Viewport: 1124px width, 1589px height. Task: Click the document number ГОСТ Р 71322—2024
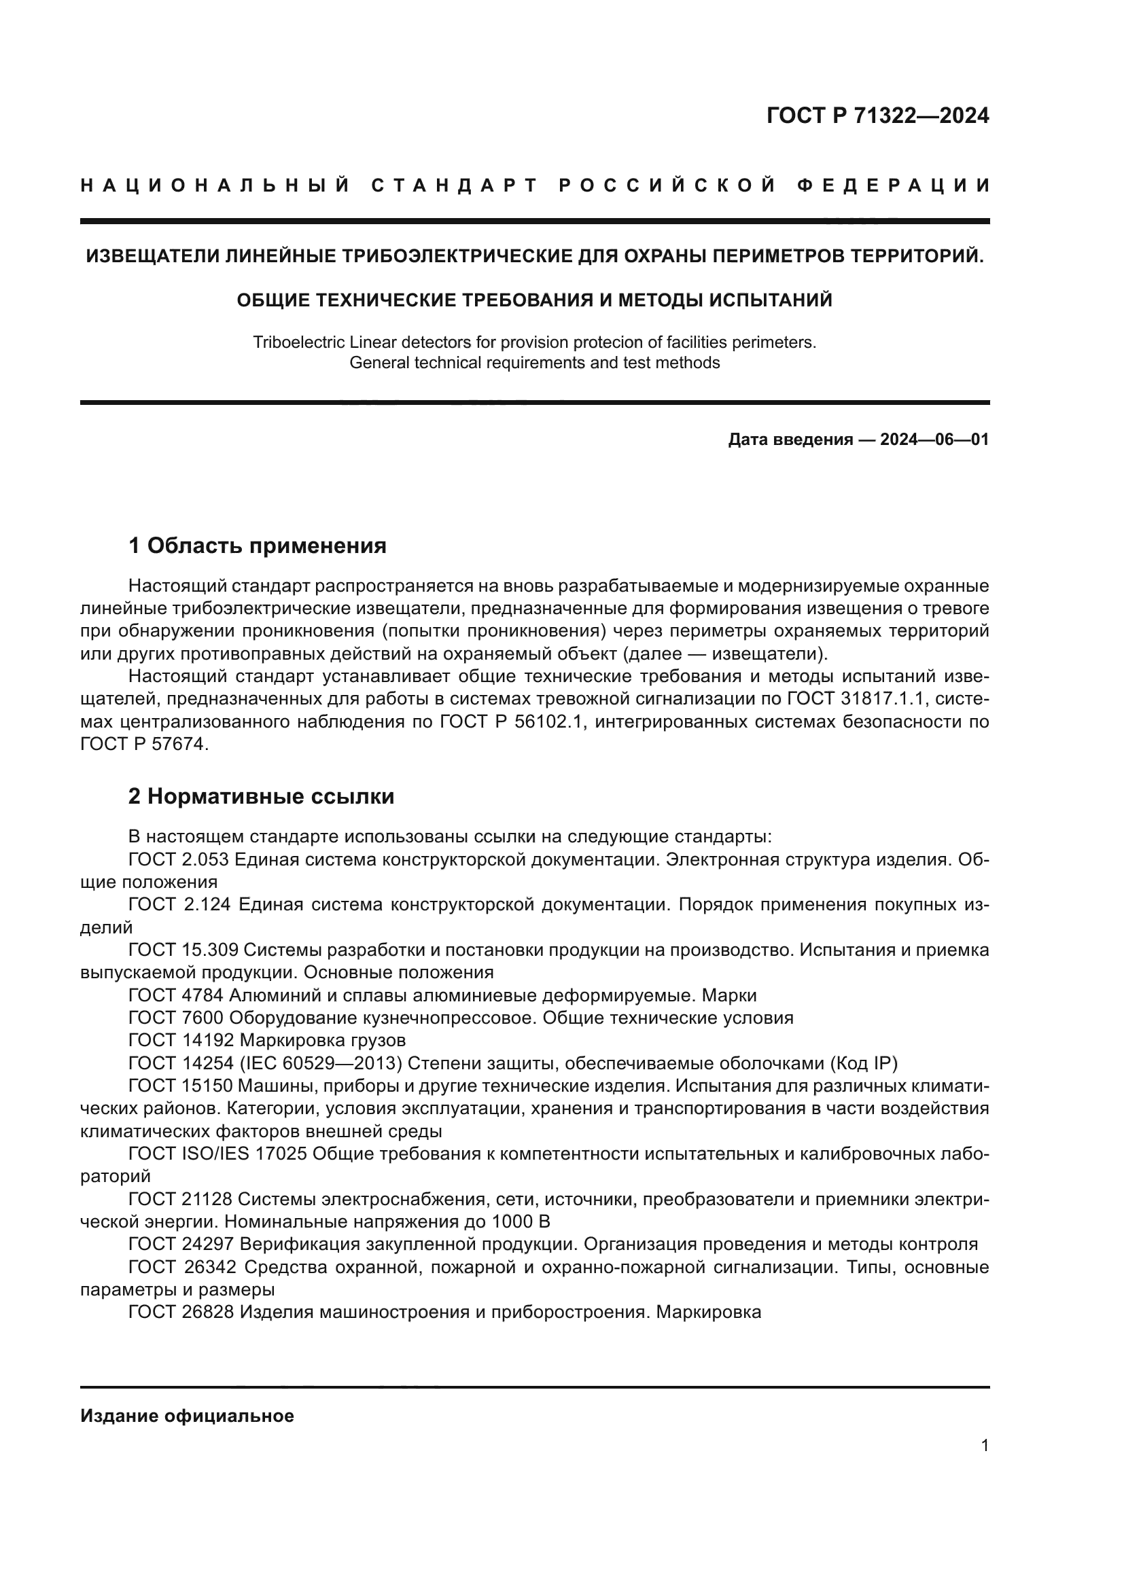[877, 115]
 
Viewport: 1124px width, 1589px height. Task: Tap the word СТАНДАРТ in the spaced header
[455, 185]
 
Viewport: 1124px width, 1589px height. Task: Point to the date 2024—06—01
[934, 440]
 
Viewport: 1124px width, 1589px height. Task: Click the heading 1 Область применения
[257, 546]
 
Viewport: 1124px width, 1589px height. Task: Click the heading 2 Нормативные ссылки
[261, 797]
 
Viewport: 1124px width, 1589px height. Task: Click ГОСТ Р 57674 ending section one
[144, 745]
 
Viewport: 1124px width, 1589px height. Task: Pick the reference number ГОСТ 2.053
[179, 859]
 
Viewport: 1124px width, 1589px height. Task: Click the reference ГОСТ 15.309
[183, 950]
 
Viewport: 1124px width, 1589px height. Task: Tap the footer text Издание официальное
[187, 1416]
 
